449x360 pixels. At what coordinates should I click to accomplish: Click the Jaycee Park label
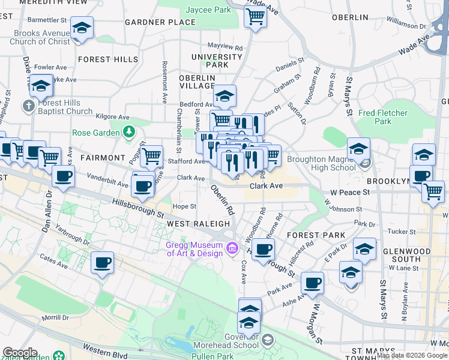208,10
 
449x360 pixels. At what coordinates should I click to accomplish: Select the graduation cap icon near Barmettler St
82,28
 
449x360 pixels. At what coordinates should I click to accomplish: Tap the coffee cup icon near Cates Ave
102,262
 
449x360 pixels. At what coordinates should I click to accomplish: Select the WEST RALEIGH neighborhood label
198,224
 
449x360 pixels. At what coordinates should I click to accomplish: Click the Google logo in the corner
20,353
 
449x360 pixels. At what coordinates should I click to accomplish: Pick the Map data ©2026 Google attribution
412,355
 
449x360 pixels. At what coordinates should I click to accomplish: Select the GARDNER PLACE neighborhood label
160,23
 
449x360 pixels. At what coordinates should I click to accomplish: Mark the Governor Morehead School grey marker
268,340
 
